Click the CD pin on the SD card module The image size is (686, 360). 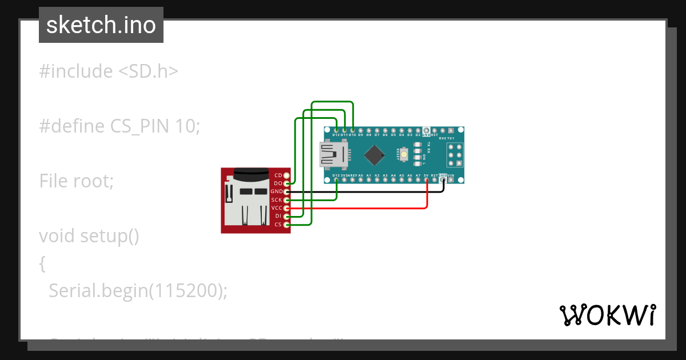[x=287, y=175]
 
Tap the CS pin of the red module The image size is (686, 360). [x=287, y=225]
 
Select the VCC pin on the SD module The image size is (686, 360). [x=287, y=208]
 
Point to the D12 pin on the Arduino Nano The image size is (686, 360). [x=336, y=130]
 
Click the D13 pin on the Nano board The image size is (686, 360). [x=336, y=180]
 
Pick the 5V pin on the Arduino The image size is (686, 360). [x=426, y=180]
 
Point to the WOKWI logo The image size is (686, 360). [x=607, y=315]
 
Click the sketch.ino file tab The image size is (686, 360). [x=101, y=25]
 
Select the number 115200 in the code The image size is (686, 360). [x=186, y=290]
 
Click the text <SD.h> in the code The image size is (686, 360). [x=149, y=71]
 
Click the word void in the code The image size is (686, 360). [x=57, y=235]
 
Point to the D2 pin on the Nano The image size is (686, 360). [x=418, y=130]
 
